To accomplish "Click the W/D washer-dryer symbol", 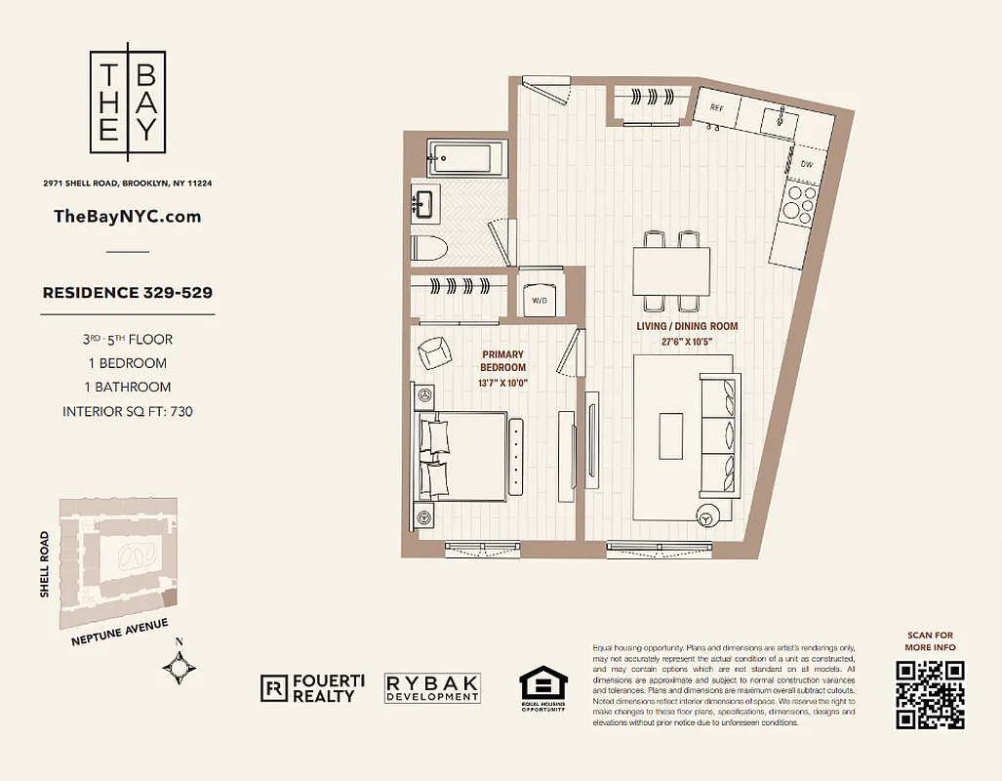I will point(540,300).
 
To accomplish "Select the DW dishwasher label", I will point(806,165).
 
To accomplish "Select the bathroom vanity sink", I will point(424,204).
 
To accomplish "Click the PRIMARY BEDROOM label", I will point(502,361).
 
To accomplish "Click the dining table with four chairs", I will point(671,270).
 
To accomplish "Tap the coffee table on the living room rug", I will point(670,435).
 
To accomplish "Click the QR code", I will point(930,694).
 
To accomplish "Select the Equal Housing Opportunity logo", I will point(541,689).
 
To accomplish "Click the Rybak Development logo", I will point(432,688).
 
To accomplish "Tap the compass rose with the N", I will point(180,668).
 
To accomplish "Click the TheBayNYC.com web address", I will point(128,217).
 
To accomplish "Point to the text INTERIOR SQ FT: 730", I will point(128,411).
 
